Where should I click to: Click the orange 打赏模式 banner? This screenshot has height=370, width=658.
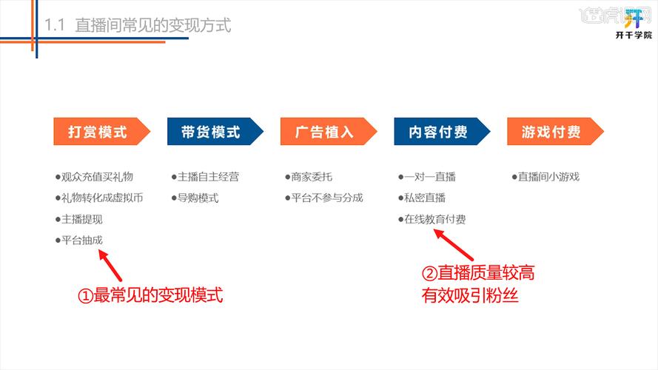(x=98, y=132)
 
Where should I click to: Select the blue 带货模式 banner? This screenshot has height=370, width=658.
(x=212, y=132)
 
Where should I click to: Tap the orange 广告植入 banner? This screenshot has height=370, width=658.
(x=325, y=132)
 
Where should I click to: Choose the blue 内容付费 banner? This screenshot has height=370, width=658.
(x=439, y=132)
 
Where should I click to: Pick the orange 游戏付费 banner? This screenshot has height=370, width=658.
(x=552, y=132)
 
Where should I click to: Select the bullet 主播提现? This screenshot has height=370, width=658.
(x=79, y=220)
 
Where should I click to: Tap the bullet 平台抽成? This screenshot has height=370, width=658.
(x=79, y=240)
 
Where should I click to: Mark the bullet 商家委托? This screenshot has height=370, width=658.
(x=308, y=177)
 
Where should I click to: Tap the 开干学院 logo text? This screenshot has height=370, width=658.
(x=634, y=35)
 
